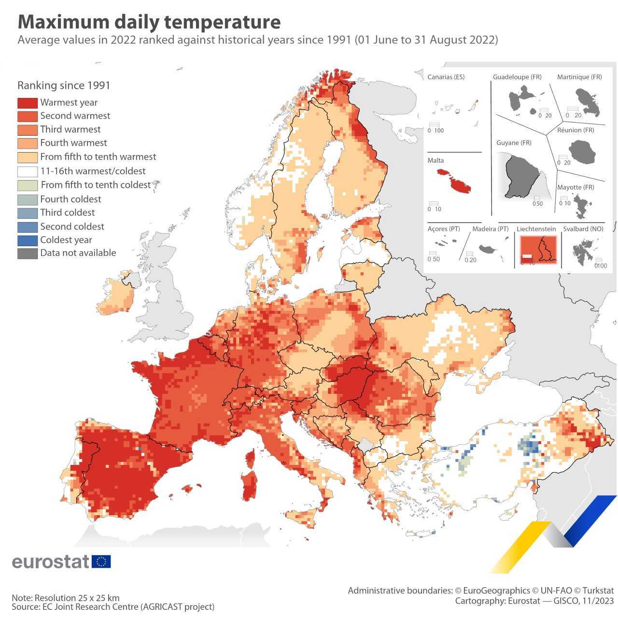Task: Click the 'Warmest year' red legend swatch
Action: pos(27,103)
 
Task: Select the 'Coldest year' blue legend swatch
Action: pos(27,240)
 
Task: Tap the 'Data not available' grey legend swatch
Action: pos(27,253)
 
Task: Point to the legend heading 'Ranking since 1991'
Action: pos(64,85)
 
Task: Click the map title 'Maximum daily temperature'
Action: pos(149,22)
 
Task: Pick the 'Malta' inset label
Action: pos(435,160)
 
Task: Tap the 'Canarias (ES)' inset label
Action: pos(446,77)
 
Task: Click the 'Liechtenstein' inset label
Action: pos(536,229)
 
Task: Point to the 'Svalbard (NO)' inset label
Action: pos(583,229)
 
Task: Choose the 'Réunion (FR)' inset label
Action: pos(576,130)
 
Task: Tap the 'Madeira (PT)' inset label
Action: pos(490,229)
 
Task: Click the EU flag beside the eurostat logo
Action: pos(101,562)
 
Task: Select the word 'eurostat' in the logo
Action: pos(50,562)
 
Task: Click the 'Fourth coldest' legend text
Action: pos(70,199)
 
